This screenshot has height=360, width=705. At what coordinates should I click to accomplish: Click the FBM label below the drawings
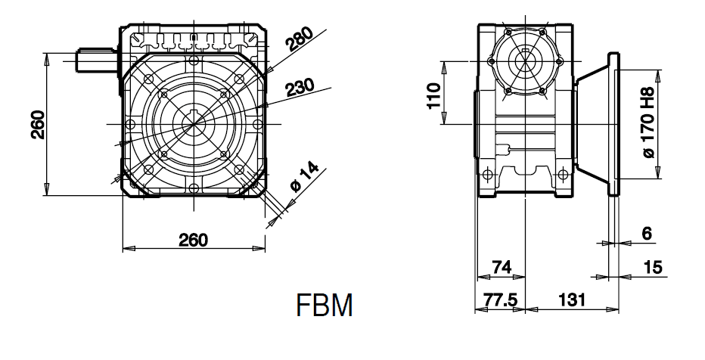pyautogui.click(x=325, y=306)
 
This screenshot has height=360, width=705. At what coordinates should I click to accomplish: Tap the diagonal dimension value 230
pyautogui.click(x=300, y=87)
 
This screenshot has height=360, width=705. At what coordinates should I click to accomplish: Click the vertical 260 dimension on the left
pyautogui.click(x=39, y=125)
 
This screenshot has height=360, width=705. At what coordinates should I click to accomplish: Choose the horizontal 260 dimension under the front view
pyautogui.click(x=194, y=240)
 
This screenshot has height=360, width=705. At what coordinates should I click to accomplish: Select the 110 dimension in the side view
pyautogui.click(x=434, y=96)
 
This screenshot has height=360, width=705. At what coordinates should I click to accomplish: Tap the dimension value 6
pyautogui.click(x=647, y=233)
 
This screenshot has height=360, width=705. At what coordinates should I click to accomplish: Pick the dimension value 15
pyautogui.click(x=653, y=268)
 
